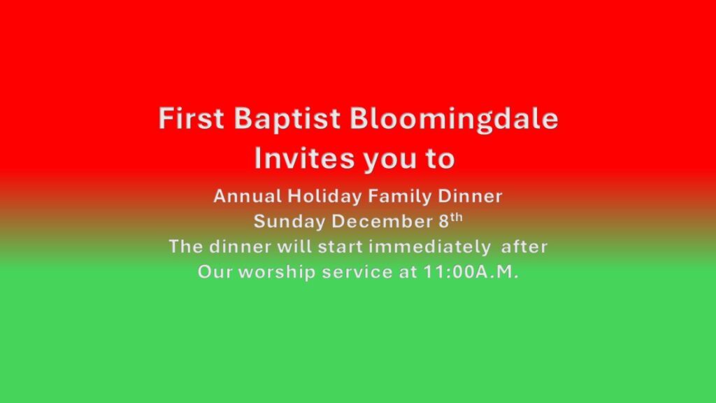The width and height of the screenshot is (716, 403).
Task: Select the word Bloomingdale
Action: click(454, 119)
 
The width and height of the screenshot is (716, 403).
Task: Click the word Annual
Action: click(248, 196)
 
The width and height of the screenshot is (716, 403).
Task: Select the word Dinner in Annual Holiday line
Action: click(470, 196)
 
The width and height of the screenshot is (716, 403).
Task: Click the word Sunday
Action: click(289, 222)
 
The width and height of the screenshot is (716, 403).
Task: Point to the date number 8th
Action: click(450, 220)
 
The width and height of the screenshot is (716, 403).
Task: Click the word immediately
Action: click(429, 247)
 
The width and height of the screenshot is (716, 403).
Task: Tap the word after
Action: click(524, 246)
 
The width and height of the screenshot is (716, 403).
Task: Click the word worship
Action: click(277, 273)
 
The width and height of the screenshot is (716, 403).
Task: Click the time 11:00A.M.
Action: click(471, 272)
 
